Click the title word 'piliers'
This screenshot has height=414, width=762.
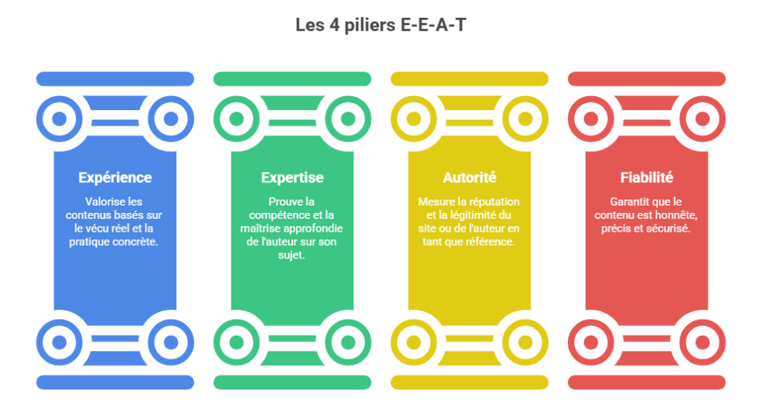371,25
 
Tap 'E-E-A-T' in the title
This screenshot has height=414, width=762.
434,25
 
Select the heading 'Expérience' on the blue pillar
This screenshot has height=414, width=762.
115,177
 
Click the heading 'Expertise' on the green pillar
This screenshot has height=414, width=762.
292,177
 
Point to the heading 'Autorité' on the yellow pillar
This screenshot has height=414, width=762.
470,177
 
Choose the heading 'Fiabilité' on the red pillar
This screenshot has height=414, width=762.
647,177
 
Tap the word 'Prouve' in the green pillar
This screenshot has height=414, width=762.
285,201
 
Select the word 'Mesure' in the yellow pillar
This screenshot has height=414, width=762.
435,201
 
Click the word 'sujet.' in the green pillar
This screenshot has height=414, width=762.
292,255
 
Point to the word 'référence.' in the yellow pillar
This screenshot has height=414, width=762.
490,241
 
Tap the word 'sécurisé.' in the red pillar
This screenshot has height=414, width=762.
667,228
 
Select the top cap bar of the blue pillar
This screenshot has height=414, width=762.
115,79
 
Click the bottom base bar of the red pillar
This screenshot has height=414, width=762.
647,382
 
